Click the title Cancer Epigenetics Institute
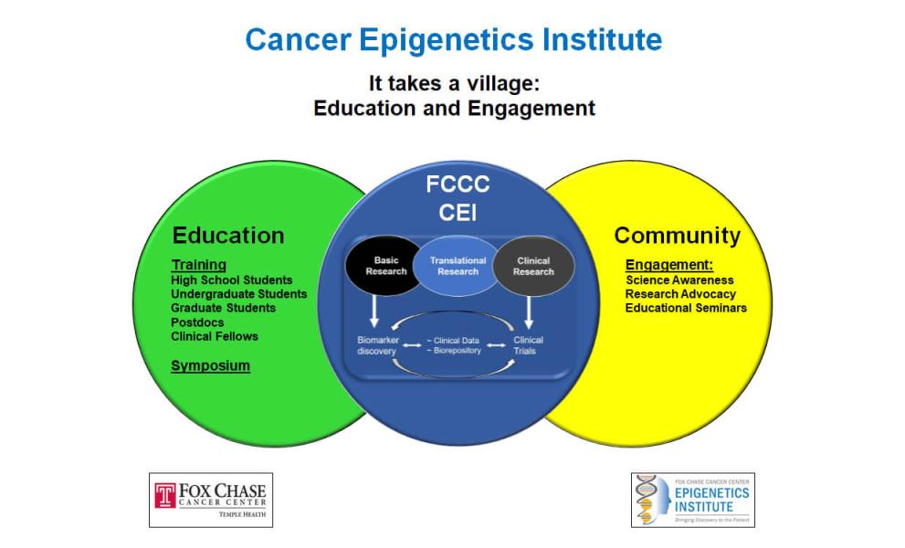[x=453, y=40]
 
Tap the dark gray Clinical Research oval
[x=532, y=266]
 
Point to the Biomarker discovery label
[x=376, y=345]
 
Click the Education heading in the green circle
[x=228, y=236]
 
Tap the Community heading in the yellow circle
[x=677, y=236]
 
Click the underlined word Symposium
[x=210, y=366]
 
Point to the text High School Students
[x=232, y=279]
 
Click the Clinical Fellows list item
[x=215, y=336]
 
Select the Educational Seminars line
[x=686, y=308]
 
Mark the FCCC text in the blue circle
[x=458, y=184]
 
